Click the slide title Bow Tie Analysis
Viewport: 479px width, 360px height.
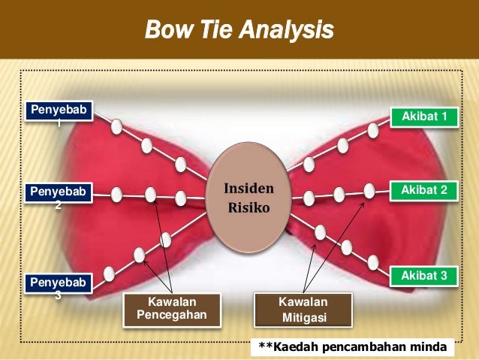pos(239,32)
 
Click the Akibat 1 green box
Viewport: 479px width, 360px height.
pos(425,116)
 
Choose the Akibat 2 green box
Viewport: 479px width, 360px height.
pos(425,192)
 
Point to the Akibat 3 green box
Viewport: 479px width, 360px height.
pos(425,276)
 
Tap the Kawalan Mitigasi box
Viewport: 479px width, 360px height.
pos(303,310)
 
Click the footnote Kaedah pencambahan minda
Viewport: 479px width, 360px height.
pos(352,347)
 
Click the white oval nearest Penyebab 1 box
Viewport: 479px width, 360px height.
pos(116,127)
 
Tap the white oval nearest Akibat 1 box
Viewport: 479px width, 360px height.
pos(373,130)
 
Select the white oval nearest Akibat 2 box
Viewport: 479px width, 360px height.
pos(369,191)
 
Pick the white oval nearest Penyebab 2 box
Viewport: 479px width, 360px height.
pos(116,195)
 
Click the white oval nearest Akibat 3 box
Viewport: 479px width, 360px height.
pos(373,262)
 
